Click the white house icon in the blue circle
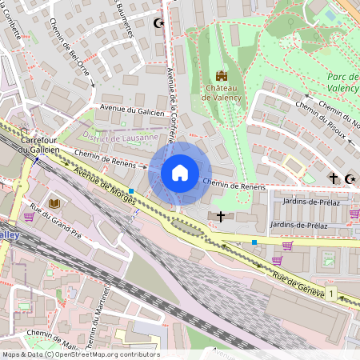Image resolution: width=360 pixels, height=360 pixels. [180, 172]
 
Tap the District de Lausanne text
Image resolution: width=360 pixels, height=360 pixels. [112, 138]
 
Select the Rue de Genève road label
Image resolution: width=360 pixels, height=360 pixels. [295, 285]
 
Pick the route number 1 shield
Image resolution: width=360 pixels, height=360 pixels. [330, 294]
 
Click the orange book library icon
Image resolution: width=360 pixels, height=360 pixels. [54, 205]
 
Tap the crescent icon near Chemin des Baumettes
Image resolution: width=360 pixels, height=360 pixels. [158, 23]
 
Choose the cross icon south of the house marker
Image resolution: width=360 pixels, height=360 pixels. [221, 216]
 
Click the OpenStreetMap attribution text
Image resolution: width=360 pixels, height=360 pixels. [81, 354]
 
